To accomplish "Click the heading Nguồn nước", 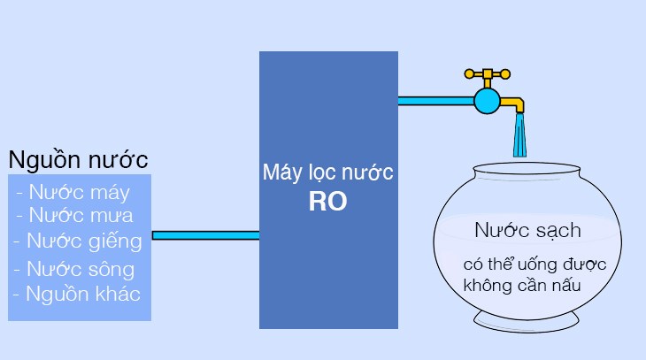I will (78, 160).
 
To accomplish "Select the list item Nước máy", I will (73, 192).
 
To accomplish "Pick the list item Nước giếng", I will (77, 241).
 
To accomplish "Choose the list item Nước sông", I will (74, 269).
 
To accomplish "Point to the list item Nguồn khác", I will (78, 295).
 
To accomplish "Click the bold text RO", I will (327, 202).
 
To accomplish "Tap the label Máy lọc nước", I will (327, 172).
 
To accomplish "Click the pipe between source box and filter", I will (205, 235).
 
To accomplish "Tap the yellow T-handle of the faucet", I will (486, 74).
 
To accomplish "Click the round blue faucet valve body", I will (486, 100).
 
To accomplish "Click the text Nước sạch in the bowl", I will (527, 231).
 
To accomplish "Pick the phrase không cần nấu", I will (526, 286).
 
